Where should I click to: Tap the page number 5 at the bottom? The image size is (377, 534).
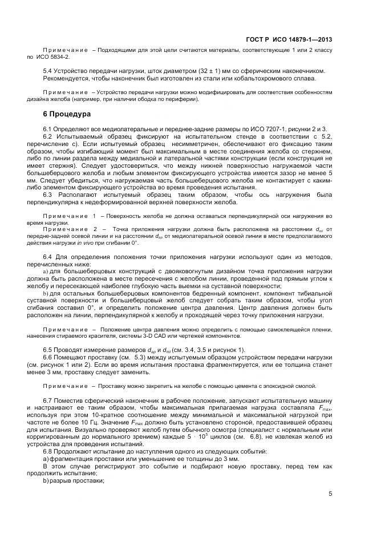(330, 495)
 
